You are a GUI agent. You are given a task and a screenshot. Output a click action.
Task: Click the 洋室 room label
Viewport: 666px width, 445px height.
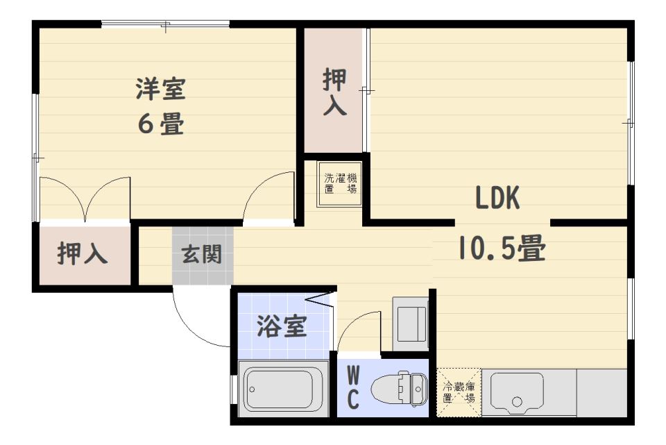[160, 90]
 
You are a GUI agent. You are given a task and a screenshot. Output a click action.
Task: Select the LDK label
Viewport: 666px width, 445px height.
[497, 199]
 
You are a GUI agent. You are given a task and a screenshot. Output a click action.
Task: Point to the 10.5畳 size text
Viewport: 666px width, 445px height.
[502, 248]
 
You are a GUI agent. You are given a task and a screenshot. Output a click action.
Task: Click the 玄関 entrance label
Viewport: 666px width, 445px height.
[202, 254]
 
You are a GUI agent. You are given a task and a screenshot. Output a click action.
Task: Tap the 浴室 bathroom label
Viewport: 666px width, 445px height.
[282, 326]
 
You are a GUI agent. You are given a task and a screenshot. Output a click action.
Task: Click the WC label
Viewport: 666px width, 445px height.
[353, 389]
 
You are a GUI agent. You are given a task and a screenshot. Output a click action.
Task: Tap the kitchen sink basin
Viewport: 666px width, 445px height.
[517, 392]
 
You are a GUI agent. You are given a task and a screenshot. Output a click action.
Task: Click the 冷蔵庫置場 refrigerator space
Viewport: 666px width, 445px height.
[459, 392]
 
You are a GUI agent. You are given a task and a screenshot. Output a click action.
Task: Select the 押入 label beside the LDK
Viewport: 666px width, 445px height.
[336, 94]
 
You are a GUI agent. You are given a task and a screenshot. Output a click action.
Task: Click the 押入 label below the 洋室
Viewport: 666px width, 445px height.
[83, 254]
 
